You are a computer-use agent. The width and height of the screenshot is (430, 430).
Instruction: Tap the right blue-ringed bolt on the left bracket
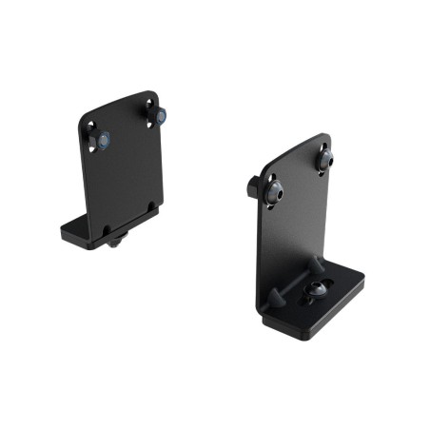pos(160,116)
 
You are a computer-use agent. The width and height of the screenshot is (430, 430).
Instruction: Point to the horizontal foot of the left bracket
pos(90,230)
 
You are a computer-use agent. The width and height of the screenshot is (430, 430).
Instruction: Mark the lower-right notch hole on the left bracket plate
pos(152,204)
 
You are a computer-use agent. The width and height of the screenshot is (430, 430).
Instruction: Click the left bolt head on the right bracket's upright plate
pos(274,191)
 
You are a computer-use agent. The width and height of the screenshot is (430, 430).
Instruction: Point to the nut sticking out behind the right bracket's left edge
pos(254,186)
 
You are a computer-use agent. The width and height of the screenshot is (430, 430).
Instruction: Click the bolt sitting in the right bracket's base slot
pos(314,291)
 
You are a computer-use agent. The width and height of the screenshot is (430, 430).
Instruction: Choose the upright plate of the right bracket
pos(295,228)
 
